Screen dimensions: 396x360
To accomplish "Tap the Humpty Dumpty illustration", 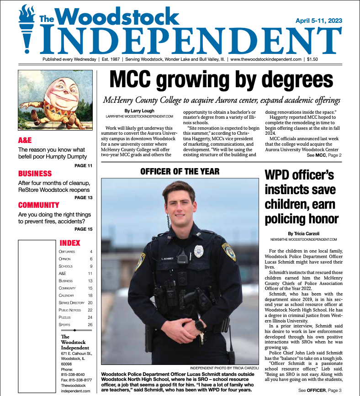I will coord(54,100).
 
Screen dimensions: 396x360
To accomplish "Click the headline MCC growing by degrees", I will coord(221,81).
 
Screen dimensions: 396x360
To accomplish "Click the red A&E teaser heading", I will coord(25,140).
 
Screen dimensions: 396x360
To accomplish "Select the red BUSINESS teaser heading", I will coord(35,174).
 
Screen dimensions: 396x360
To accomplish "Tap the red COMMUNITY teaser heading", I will coord(39,205).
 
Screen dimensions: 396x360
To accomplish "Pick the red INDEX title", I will coord(70,243).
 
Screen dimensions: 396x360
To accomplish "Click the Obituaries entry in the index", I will coord(67,252).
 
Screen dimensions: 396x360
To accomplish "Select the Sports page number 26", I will coord(90,325).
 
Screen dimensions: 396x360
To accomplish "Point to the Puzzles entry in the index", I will coord(64,317).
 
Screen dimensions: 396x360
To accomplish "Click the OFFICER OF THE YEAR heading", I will coord(180,172).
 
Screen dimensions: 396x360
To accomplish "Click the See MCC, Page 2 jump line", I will coord(324,155).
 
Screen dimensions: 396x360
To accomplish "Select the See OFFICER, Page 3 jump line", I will coord(320,391).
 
